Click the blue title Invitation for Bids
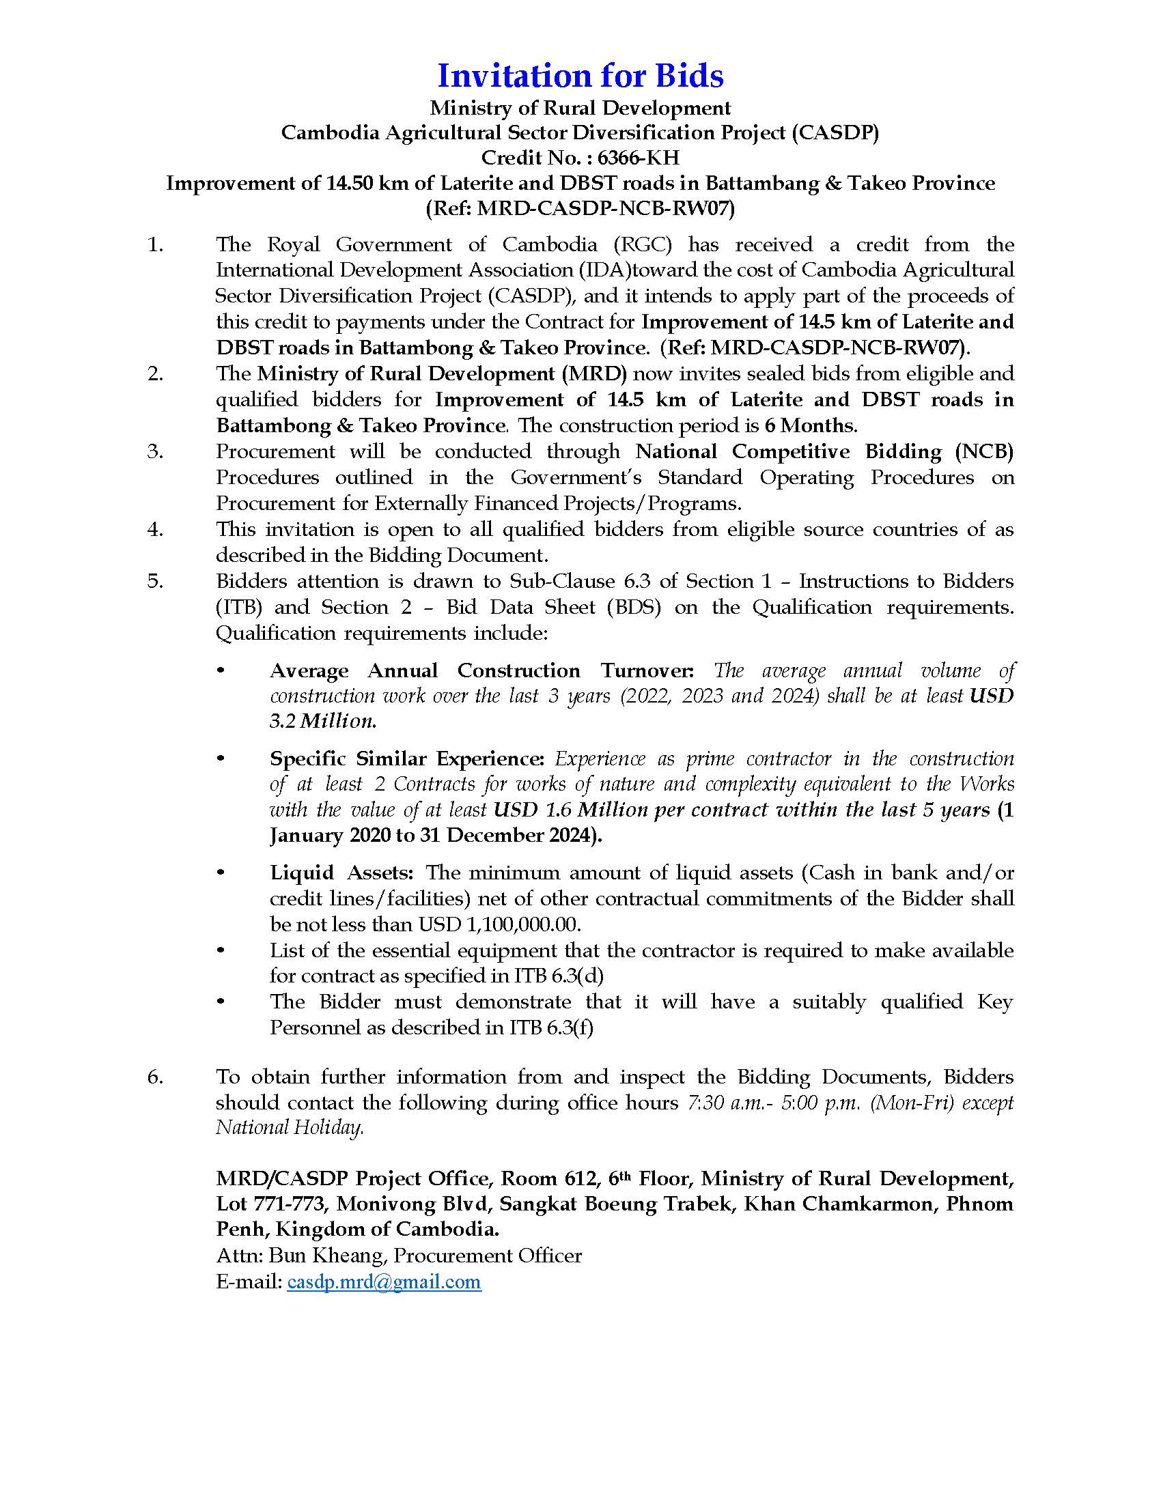580,76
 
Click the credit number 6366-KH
638,158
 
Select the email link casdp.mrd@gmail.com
384,1282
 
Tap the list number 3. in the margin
155,452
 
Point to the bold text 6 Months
809,426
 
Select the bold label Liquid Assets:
341,873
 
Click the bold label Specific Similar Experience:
406,759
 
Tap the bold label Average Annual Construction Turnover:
482,670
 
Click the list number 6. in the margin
155,1077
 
